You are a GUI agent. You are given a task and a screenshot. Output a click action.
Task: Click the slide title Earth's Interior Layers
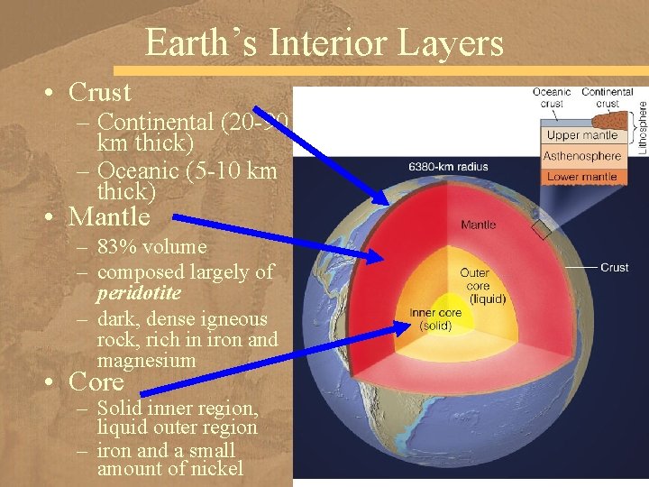click(x=324, y=43)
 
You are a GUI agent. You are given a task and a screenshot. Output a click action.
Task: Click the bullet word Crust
click(x=99, y=92)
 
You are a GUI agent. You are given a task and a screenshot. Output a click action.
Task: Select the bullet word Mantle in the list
click(x=109, y=216)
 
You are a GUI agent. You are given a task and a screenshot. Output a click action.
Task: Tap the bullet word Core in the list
click(x=96, y=381)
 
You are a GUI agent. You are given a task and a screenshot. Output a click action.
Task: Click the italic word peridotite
click(x=139, y=293)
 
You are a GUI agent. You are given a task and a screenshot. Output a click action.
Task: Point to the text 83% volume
click(x=151, y=247)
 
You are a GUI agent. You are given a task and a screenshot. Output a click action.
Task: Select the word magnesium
click(x=146, y=361)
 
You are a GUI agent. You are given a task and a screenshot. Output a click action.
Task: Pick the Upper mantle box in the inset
click(x=582, y=135)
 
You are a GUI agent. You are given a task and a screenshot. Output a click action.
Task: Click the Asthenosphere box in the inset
click(x=582, y=156)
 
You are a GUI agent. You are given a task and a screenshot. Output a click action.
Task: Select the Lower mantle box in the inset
click(x=582, y=177)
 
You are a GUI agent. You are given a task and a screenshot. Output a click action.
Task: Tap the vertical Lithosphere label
click(x=642, y=126)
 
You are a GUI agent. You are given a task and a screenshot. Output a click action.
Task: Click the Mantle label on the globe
click(x=478, y=225)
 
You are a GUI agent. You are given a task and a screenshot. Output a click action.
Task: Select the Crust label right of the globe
click(x=615, y=267)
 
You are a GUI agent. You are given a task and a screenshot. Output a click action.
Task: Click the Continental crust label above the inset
click(x=607, y=97)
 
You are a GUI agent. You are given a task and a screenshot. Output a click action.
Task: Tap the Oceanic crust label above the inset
click(x=552, y=97)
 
